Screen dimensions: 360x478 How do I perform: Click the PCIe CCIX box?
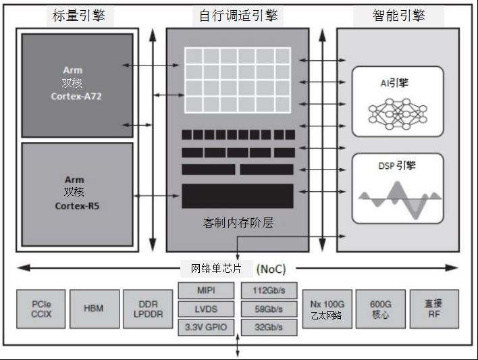coord(41,309)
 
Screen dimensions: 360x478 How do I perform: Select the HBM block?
coord(94,309)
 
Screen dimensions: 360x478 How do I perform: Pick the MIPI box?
coord(206,291)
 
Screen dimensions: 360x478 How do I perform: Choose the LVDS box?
coord(206,309)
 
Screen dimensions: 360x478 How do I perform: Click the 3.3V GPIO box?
coord(206,328)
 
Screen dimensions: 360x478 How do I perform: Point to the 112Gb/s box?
coord(269,291)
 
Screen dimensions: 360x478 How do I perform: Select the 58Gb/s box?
coord(269,309)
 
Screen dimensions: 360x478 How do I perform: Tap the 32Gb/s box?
coord(269,328)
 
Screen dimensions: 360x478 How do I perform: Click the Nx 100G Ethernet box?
coord(327,309)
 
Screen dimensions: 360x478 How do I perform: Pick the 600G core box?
coord(380,309)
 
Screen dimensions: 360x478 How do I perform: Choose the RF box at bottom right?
coord(433,309)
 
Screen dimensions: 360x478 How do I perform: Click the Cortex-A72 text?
coord(76,97)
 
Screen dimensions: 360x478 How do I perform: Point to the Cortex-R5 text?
coord(74,205)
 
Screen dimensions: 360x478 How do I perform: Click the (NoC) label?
coord(272,269)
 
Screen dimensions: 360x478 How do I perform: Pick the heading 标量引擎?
coord(78,16)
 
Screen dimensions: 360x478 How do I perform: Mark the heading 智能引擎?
coord(398,16)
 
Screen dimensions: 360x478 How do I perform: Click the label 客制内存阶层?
coord(238,223)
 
